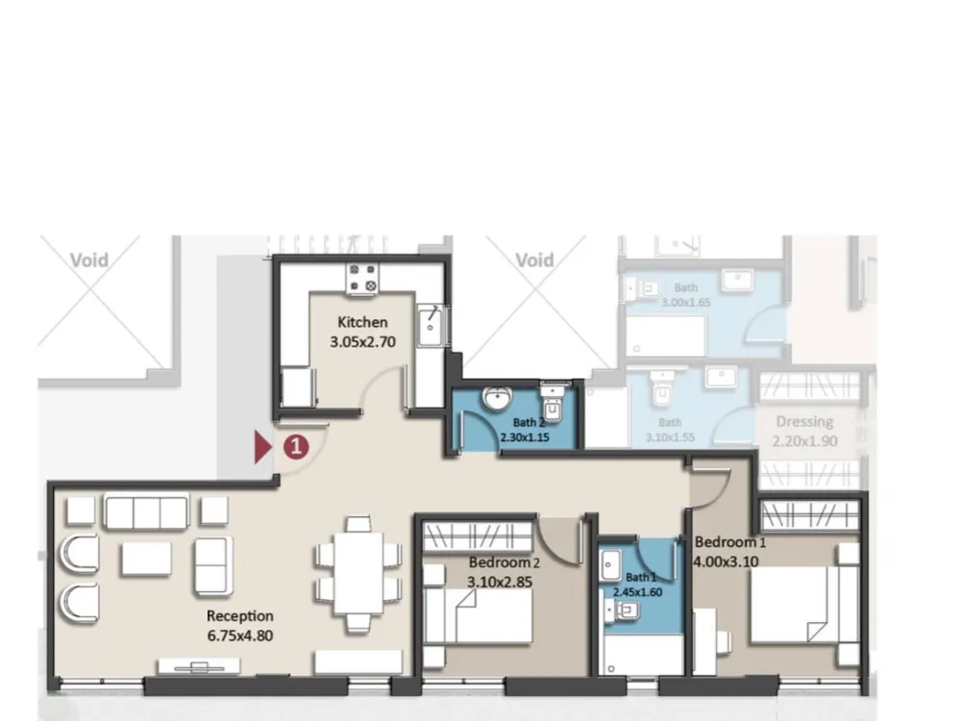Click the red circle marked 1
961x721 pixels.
296,446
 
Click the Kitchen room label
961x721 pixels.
362,322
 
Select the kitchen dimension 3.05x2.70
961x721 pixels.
362,341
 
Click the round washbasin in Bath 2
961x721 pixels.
498,399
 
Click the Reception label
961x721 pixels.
240,615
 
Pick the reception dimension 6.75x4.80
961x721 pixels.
240,635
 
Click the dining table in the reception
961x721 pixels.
358,572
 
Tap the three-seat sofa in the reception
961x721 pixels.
146,513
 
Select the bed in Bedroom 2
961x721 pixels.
480,615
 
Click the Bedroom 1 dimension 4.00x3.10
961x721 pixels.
727,560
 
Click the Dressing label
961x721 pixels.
804,422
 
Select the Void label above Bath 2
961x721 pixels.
534,260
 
